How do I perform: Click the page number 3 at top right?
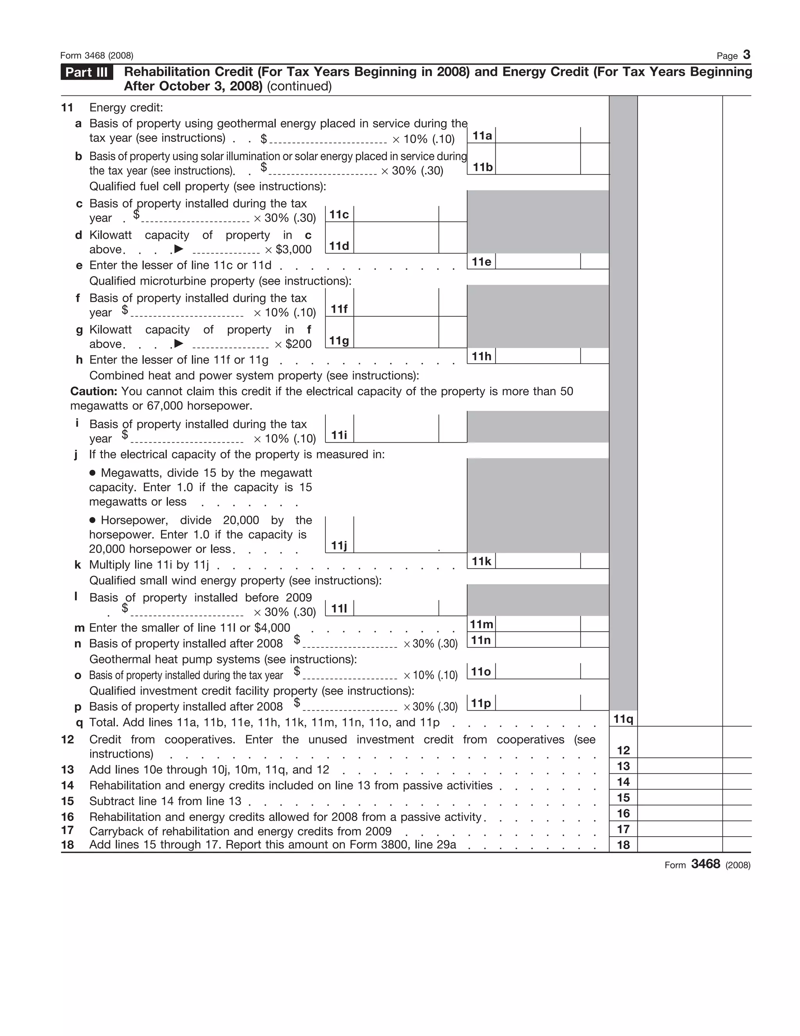[746, 55]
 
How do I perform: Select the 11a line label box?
[482, 136]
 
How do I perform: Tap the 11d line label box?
[339, 246]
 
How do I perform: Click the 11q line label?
[623, 719]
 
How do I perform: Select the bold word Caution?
[94, 391]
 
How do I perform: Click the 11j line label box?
[339, 545]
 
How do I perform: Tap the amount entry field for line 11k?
[537, 561]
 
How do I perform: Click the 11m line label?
[482, 624]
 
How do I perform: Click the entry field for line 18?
[680, 845]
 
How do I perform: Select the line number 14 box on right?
[623, 782]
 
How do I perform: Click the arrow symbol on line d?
[179, 249]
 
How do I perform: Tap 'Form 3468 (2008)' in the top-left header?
[97, 56]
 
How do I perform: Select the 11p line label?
[481, 703]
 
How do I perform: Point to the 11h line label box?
[482, 356]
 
